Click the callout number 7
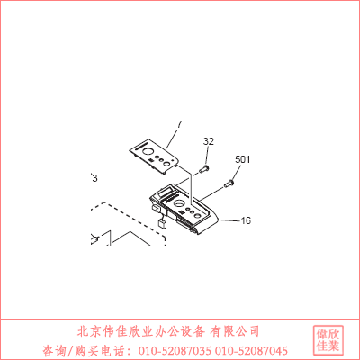(179, 124)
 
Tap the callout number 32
(209, 141)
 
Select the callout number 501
(242, 159)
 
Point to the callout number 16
(246, 220)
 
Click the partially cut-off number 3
(94, 178)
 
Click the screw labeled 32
(203, 169)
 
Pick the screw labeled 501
(229, 184)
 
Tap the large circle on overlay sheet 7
(148, 152)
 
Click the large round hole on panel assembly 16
(178, 203)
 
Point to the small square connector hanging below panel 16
(162, 224)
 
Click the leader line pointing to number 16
(230, 220)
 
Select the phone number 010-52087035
(175, 350)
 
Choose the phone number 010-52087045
(251, 350)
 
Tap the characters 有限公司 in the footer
(235, 331)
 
